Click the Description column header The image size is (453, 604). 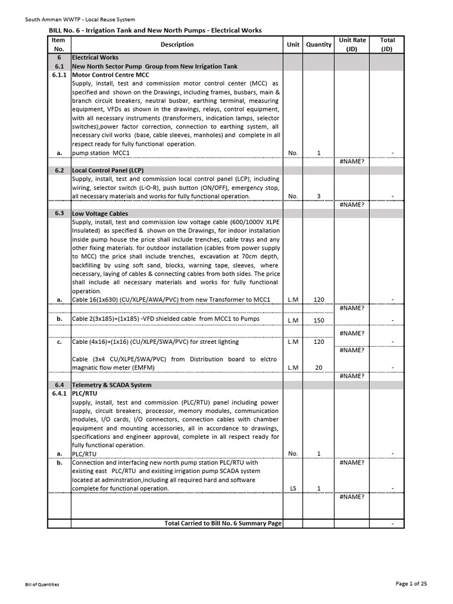[176, 44]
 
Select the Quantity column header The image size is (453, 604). [319, 44]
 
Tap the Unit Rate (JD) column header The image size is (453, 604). [352, 44]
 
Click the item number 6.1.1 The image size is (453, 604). [59, 75]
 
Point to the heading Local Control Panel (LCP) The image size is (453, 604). [108, 170]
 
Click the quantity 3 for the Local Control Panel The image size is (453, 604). [319, 196]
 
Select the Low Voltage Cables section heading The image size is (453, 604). [100, 213]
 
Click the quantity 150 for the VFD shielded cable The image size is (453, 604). [319, 320]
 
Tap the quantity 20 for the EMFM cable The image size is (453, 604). [319, 367]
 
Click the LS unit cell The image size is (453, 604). [293, 488]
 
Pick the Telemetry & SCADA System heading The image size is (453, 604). [111, 385]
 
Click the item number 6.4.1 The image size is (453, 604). [59, 393]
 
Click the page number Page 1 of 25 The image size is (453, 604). [411, 583]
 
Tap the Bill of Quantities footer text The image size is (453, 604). [42, 585]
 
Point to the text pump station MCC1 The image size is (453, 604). [101, 153]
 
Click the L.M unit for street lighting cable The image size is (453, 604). [293, 342]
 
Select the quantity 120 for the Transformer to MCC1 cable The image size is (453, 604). [319, 300]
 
